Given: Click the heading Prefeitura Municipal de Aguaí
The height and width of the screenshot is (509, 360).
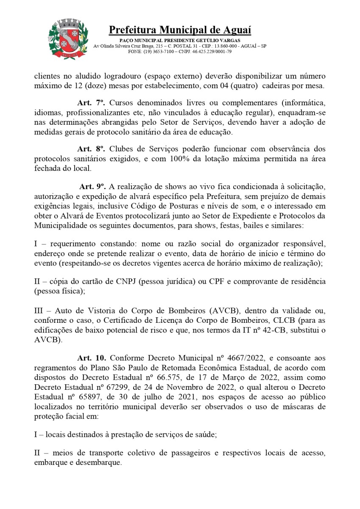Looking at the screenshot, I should click(x=180, y=30).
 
